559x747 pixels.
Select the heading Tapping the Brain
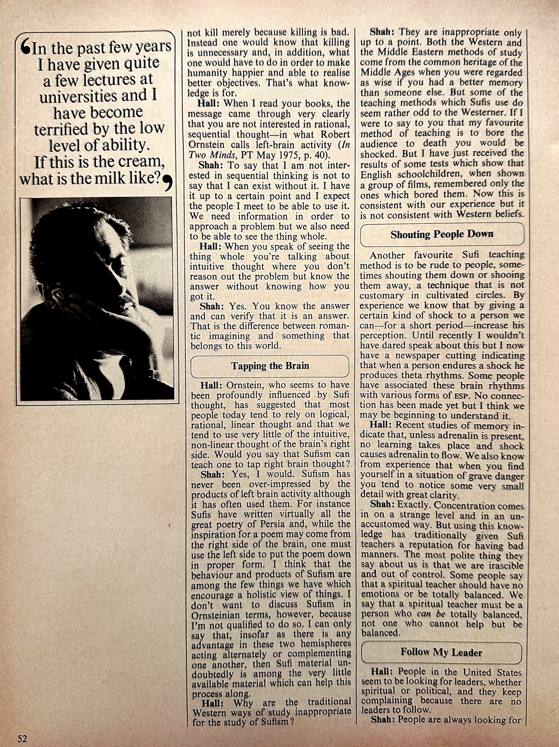pos(270,366)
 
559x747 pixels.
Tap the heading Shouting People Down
pos(442,234)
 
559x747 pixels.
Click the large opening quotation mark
pos(25,48)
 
